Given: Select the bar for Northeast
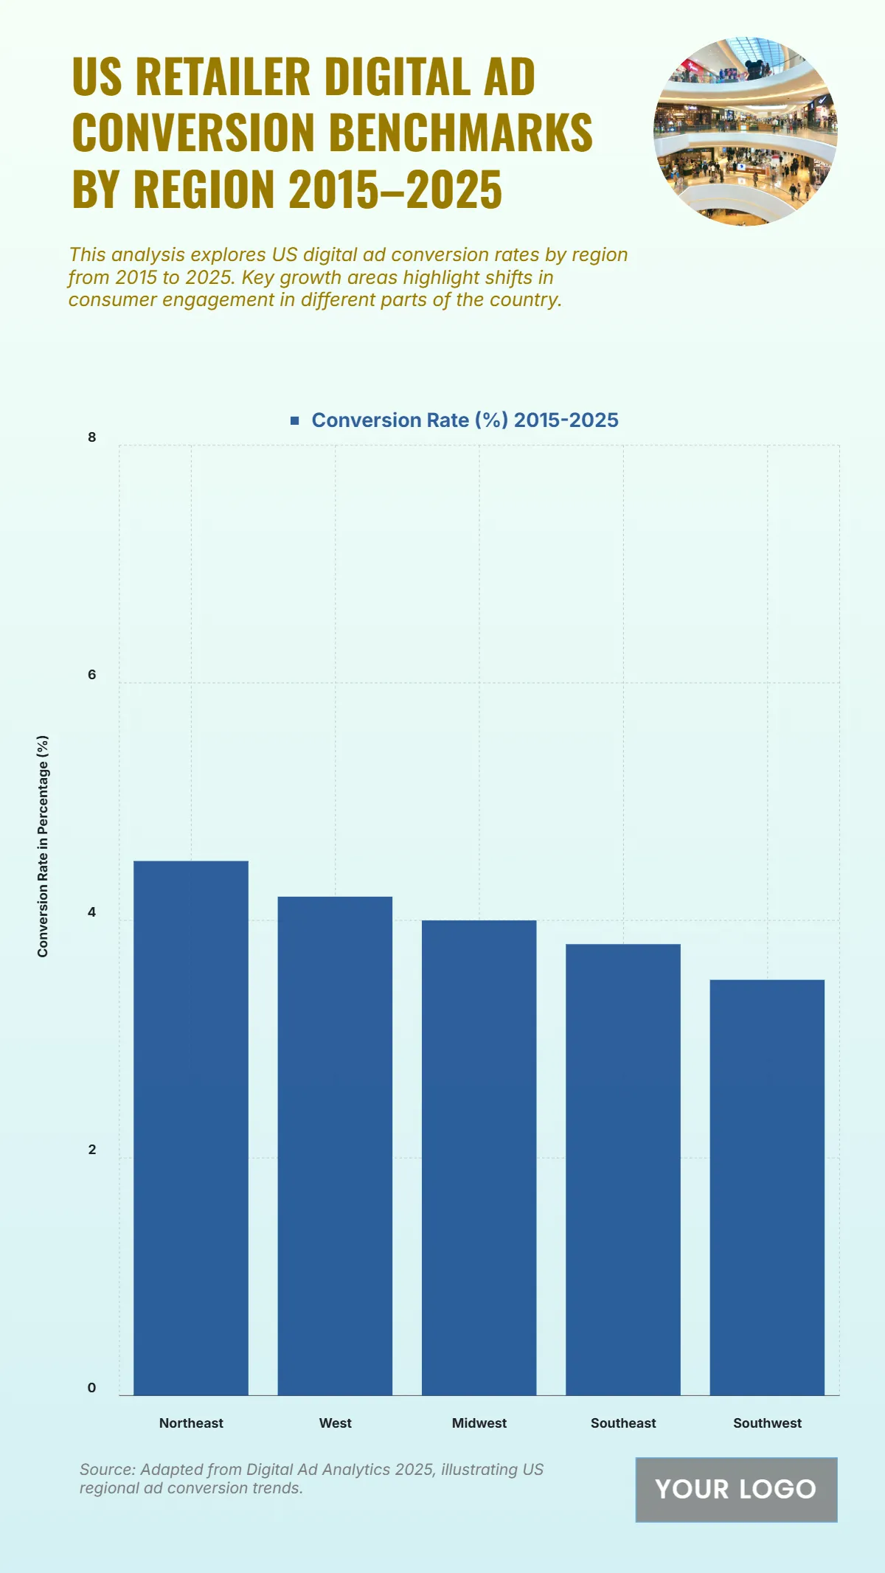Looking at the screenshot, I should click(190, 1128).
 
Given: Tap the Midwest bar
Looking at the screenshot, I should click(479, 1157).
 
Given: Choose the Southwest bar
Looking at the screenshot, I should click(767, 1187).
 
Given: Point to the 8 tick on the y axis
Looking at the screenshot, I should click(92, 437).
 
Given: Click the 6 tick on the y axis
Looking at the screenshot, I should click(92, 675).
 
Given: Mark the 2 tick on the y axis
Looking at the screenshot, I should click(92, 1150).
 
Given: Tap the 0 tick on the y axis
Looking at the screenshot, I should click(92, 1387).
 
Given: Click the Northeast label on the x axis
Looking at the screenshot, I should click(191, 1423).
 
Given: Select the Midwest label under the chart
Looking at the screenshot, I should click(479, 1423).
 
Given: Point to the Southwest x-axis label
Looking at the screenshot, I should click(767, 1423).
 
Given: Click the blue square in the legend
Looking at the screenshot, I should click(295, 420).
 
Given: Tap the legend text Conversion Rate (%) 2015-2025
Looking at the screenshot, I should click(465, 420).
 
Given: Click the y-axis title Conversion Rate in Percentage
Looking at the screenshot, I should click(43, 846).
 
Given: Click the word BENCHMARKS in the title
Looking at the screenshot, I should click(460, 133).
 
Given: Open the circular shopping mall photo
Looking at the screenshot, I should click(745, 131).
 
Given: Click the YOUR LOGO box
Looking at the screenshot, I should click(736, 1489).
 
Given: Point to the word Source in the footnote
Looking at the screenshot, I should click(106, 1469).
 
